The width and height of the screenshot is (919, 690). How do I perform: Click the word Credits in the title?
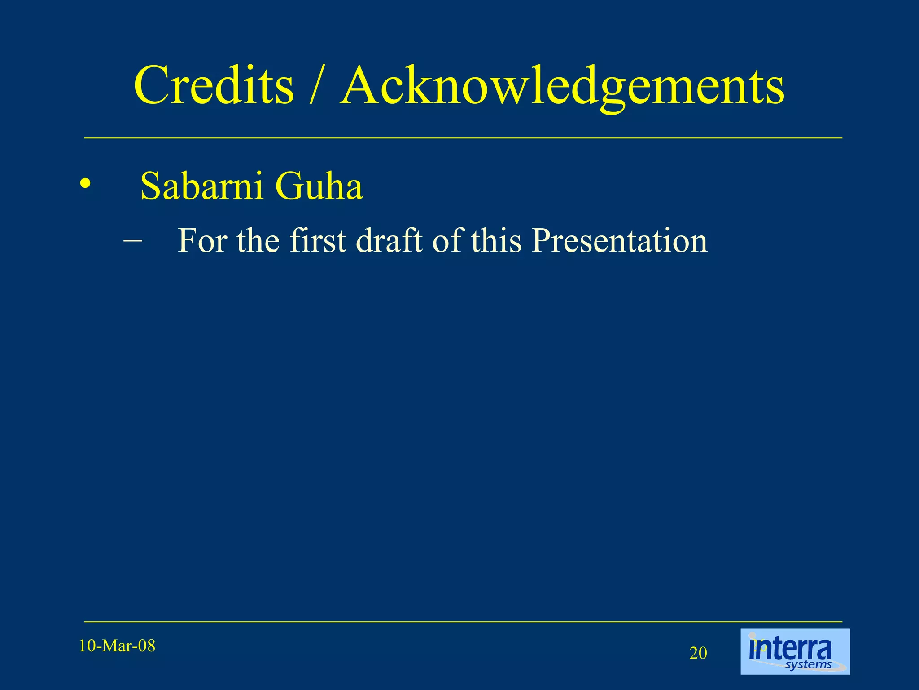[x=214, y=85]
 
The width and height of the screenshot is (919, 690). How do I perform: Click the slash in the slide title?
[x=316, y=85]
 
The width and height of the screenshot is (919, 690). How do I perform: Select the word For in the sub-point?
[x=202, y=241]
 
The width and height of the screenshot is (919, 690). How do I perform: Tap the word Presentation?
[x=620, y=241]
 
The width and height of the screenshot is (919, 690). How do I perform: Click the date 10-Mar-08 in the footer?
[x=117, y=646]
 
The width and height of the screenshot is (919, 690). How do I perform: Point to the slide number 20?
[x=698, y=653]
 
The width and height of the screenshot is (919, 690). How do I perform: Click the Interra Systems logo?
[x=795, y=651]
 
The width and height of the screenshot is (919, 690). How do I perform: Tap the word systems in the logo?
[x=809, y=664]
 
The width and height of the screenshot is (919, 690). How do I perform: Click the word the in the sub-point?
[x=258, y=241]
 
